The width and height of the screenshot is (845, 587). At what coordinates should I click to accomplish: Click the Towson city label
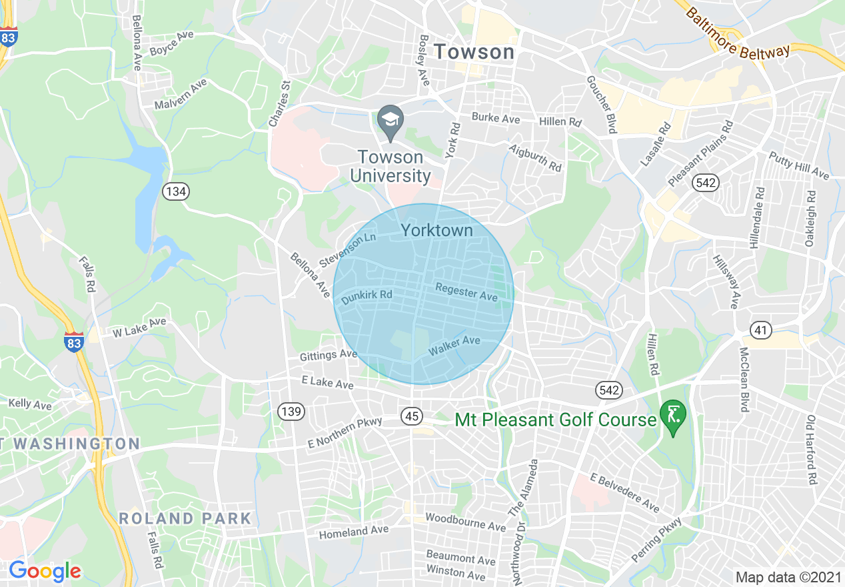(474, 51)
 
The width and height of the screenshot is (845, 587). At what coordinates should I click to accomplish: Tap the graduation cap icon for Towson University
(391, 121)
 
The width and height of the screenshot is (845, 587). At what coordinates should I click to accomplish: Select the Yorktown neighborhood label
(436, 230)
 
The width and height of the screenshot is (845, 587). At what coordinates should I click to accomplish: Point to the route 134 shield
(176, 192)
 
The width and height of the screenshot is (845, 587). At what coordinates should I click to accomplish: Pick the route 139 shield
(291, 412)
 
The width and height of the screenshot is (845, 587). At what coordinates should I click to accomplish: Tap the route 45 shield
(412, 416)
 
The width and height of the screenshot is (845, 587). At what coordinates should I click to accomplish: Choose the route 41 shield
(760, 329)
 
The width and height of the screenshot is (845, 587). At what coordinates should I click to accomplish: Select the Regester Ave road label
(466, 291)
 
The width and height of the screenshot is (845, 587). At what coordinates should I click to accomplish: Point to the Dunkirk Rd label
(366, 298)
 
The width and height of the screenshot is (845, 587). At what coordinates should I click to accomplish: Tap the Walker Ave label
(454, 345)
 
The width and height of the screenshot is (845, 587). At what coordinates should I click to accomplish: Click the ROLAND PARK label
(185, 518)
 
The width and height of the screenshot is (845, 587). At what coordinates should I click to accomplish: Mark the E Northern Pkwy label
(345, 432)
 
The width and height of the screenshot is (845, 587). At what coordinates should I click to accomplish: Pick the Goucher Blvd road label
(601, 103)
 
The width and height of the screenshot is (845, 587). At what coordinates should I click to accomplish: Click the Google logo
(45, 571)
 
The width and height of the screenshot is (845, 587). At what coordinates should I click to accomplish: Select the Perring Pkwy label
(658, 540)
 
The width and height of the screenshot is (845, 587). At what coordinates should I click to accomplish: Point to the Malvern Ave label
(181, 95)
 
